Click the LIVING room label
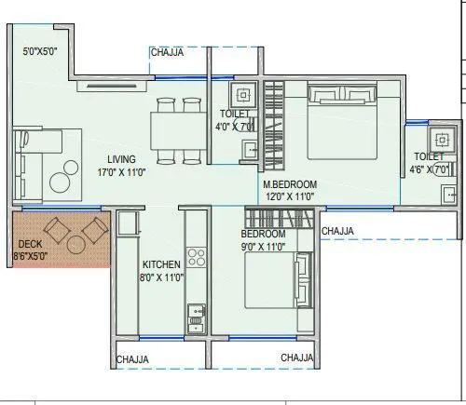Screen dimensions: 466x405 pyautogui.click(x=121, y=159)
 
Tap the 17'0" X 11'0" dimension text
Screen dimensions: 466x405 pyautogui.click(x=121, y=172)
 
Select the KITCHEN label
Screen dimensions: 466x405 pyautogui.click(x=161, y=264)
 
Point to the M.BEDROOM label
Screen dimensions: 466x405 pyautogui.click(x=290, y=184)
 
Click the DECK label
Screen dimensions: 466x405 pyautogui.click(x=30, y=244)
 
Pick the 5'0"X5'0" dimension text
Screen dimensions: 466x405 pyautogui.click(x=40, y=51)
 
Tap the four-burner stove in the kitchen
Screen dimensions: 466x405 pyautogui.click(x=197, y=257)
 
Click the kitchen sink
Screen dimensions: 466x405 pyautogui.click(x=197, y=318)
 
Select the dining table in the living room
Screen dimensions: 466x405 pyautogui.click(x=179, y=131)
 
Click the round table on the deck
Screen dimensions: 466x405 pyautogui.click(x=76, y=245)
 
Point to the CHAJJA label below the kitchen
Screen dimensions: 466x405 pyautogui.click(x=132, y=359)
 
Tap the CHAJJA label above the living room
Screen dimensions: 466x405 pyautogui.click(x=167, y=52)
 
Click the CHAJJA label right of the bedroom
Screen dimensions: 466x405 pyautogui.click(x=337, y=231)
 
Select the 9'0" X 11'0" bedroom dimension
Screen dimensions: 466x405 pyautogui.click(x=264, y=247)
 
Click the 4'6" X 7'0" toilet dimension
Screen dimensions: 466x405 pyautogui.click(x=430, y=169)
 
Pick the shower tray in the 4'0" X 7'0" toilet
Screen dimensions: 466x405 pyautogui.click(x=243, y=95)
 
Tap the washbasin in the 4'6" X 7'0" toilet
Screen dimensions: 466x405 pyautogui.click(x=449, y=195)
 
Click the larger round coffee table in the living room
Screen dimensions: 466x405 pyautogui.click(x=61, y=182)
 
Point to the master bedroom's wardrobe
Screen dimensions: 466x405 pyautogui.click(x=274, y=126)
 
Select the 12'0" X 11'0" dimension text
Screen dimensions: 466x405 pyautogui.click(x=290, y=196)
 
